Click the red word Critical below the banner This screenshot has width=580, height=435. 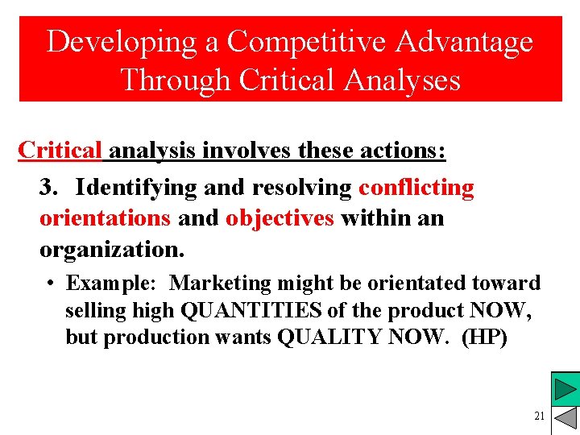pos(60,151)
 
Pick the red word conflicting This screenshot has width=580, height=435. pos(416,188)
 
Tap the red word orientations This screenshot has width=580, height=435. pos(105,218)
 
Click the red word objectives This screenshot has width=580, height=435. pos(280,218)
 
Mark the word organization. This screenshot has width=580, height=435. pos(112,249)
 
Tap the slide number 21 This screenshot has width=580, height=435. pos(539,416)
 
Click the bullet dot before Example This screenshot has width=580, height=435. pos(50,284)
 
